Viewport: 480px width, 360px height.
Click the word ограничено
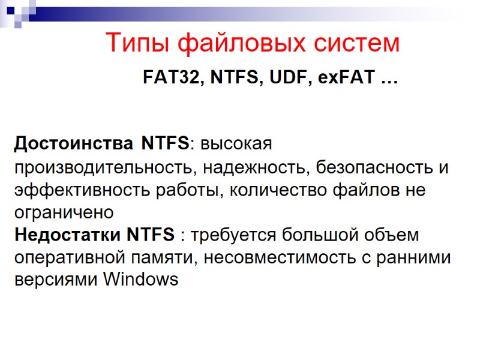pos(63,212)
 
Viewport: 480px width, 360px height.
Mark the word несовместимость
pos(277,257)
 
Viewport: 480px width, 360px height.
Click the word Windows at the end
pos(141,280)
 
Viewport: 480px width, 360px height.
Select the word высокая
pos(236,144)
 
